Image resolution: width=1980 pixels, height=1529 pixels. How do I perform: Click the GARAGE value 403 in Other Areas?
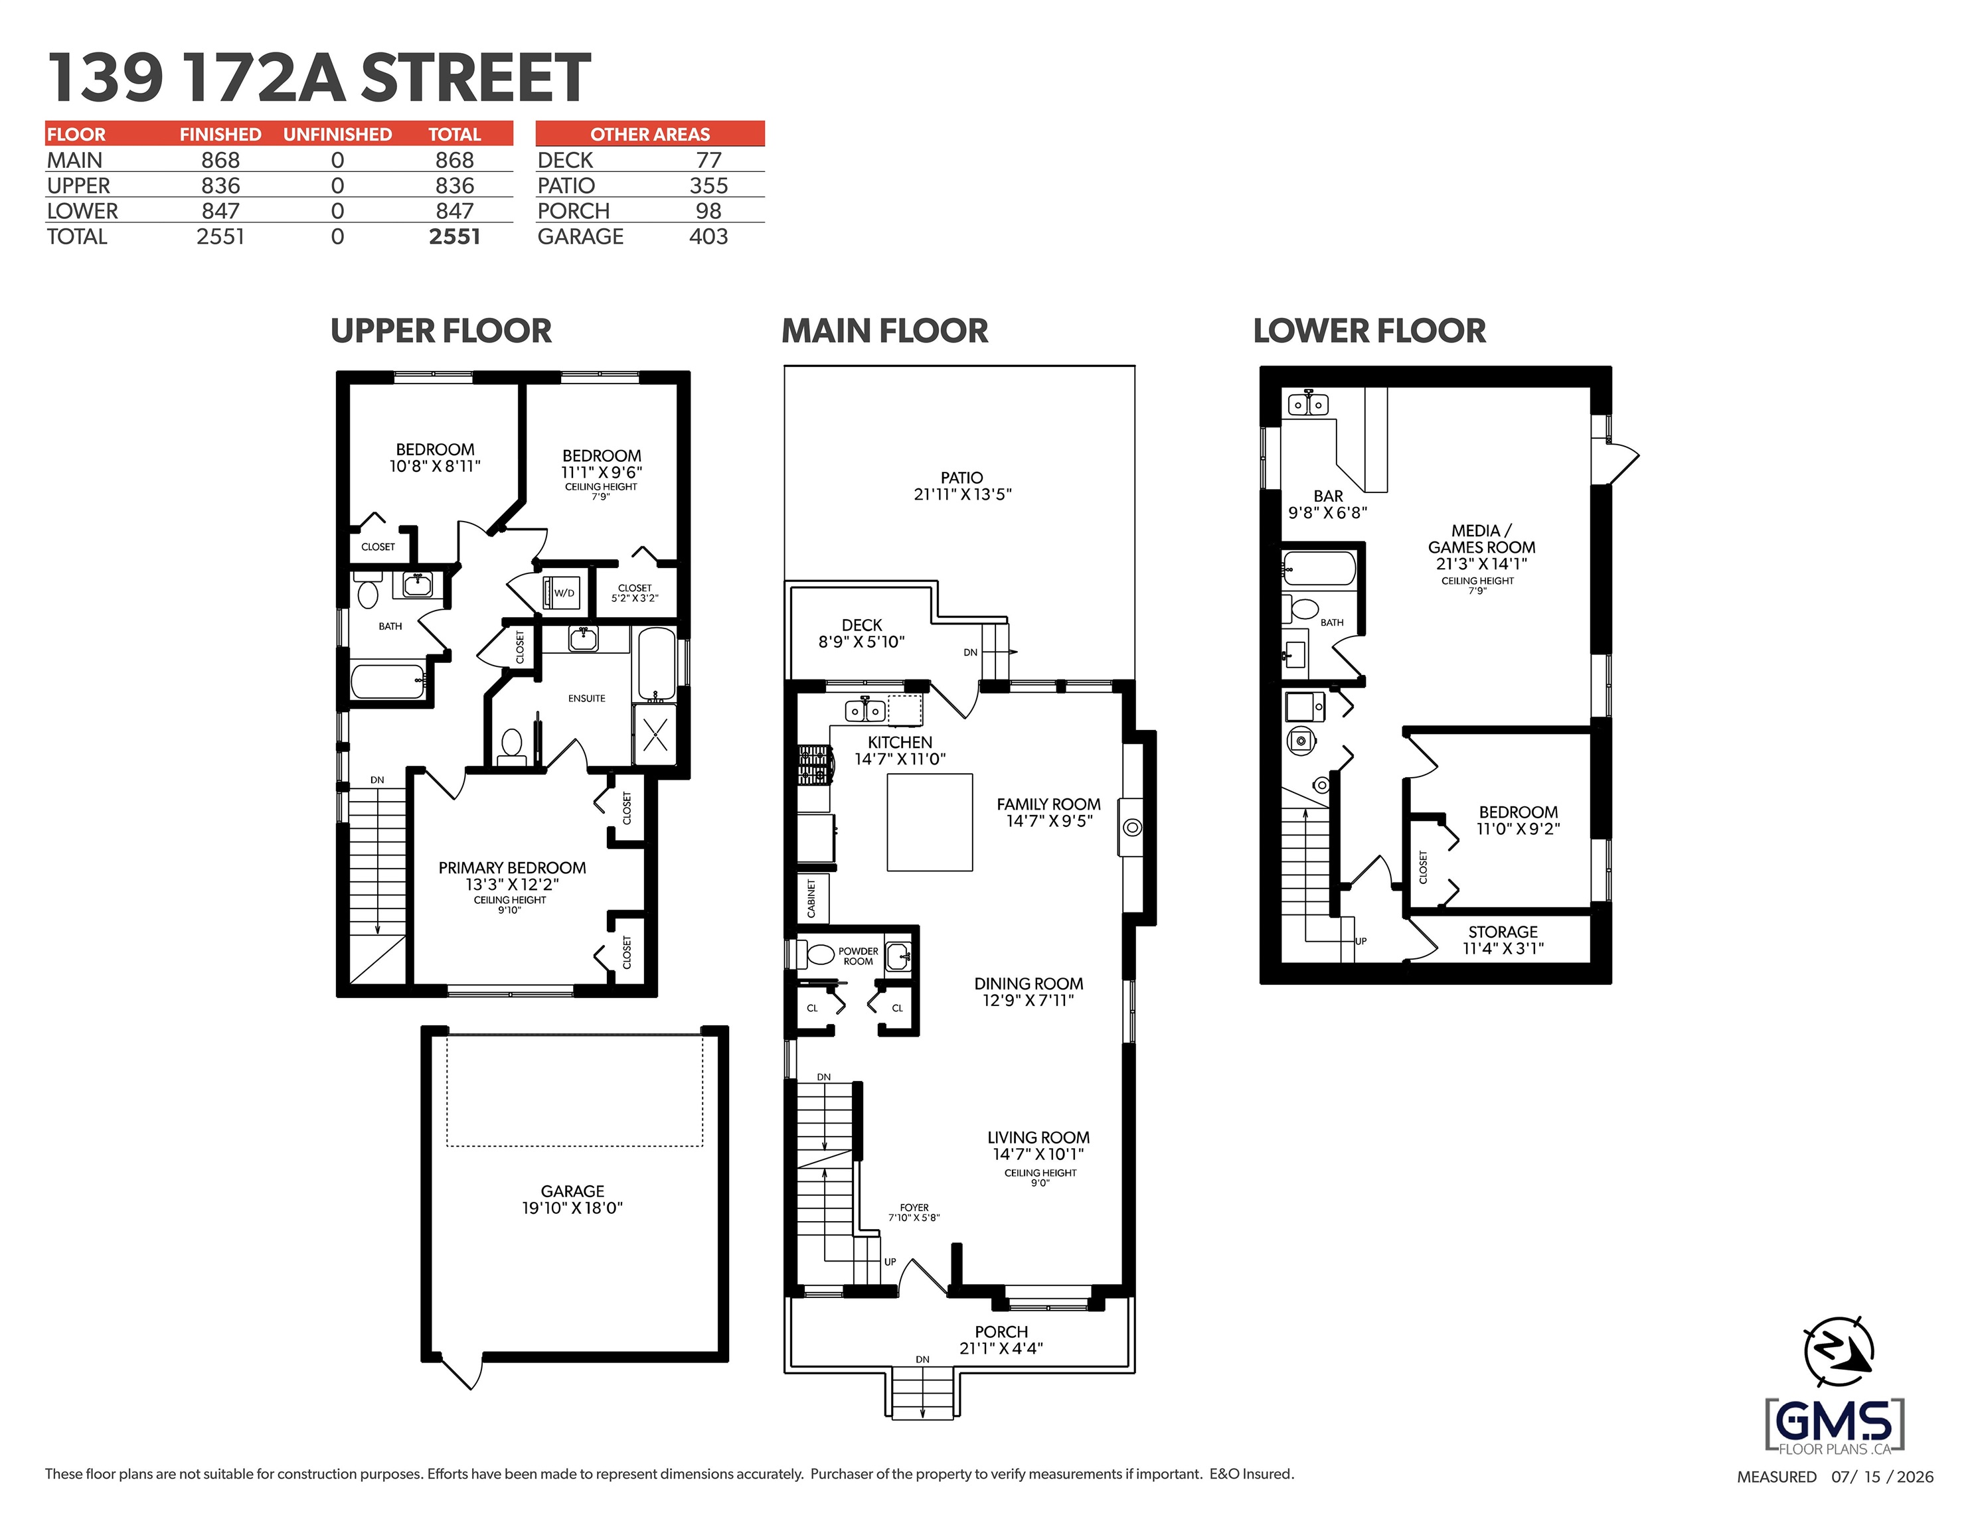[708, 236]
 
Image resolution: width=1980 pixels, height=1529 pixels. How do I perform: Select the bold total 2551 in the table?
[454, 236]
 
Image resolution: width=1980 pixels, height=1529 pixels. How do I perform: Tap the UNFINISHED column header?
[337, 134]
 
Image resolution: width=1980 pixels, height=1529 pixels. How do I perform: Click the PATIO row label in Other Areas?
[566, 186]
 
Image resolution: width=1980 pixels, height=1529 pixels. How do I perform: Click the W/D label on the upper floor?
[564, 593]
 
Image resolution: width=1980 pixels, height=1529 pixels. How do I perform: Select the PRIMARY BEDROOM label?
[512, 867]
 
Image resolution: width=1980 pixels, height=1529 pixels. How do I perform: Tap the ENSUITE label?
[586, 698]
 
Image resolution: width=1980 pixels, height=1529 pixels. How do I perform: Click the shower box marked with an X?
[655, 733]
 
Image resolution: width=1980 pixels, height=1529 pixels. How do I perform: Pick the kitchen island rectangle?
[930, 822]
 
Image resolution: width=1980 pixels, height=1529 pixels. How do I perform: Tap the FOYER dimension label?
[914, 1212]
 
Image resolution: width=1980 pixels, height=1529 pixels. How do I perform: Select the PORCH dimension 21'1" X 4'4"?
[1001, 1348]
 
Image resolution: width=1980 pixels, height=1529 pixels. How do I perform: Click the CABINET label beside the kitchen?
[811, 897]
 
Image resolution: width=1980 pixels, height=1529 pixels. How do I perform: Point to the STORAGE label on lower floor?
[1503, 932]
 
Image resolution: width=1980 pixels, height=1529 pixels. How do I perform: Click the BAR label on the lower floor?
[1328, 496]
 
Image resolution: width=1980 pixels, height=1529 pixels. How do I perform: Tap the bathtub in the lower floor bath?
[1319, 568]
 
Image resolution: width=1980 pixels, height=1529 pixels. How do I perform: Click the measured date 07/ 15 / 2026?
[1882, 1477]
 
